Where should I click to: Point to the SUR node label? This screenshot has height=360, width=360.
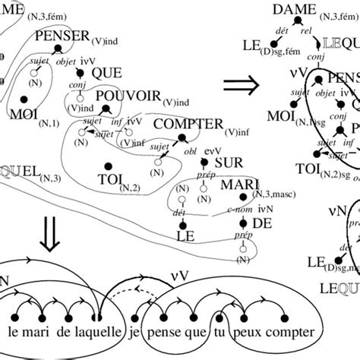pyautogui.click(x=229, y=163)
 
